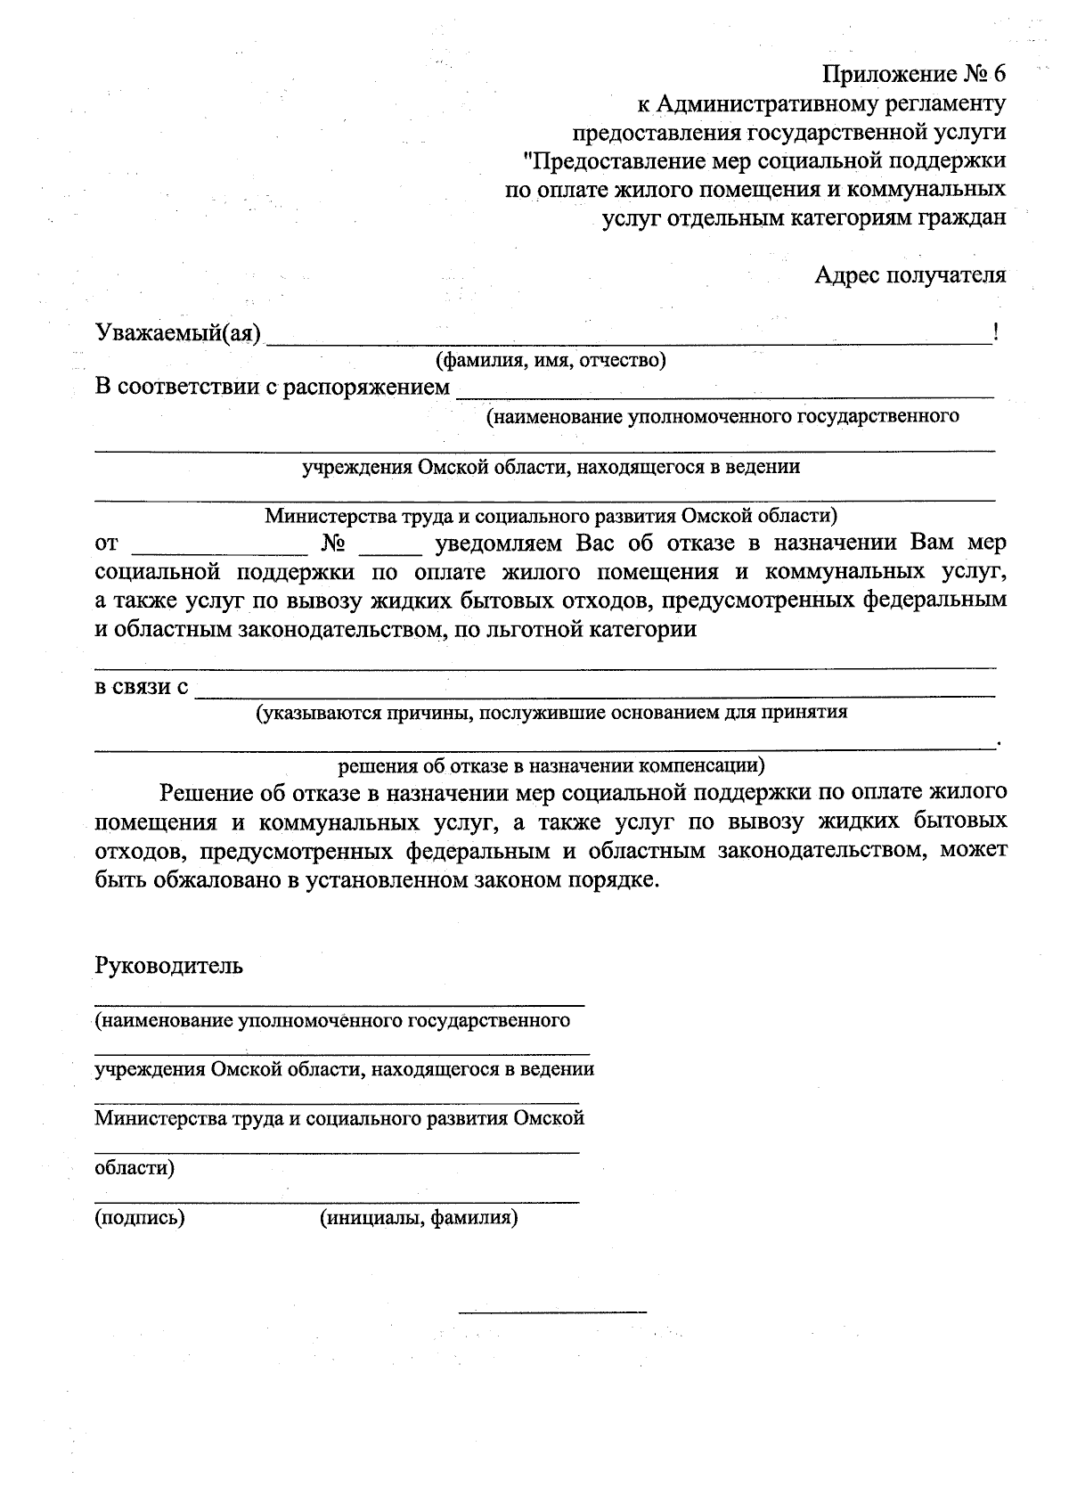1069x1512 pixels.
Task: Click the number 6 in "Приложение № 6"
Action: (998, 74)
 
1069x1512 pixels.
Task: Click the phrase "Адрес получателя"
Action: (910, 275)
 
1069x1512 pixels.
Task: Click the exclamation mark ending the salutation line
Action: (995, 333)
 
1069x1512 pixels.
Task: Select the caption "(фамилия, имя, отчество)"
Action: (551, 361)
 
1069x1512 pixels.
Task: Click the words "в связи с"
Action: (142, 688)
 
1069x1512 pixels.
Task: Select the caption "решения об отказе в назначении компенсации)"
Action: (551, 765)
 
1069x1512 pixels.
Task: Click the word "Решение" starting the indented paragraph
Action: (205, 792)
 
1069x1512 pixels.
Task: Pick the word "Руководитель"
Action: (168, 966)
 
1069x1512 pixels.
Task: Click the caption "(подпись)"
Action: (140, 1218)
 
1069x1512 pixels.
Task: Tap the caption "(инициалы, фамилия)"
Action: (419, 1218)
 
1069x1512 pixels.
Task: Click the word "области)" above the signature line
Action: (135, 1168)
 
